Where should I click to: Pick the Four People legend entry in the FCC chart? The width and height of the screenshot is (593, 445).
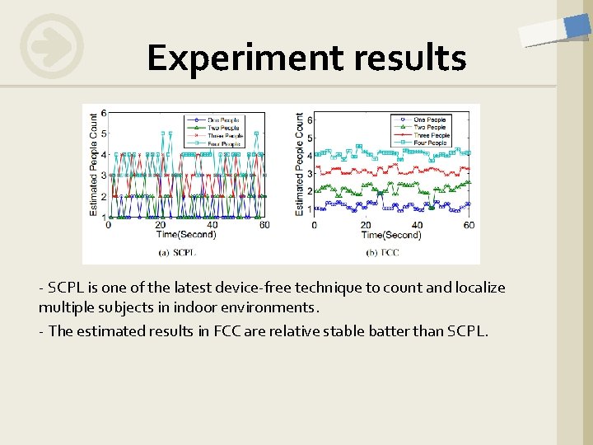430,143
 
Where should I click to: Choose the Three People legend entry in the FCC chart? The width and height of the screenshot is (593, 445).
430,135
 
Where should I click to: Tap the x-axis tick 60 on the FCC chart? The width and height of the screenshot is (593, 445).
469,226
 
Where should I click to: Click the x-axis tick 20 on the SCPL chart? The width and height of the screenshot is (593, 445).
160,226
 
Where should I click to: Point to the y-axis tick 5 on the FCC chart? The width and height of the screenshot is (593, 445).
309,138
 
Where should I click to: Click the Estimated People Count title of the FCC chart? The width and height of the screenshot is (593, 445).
299,164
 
